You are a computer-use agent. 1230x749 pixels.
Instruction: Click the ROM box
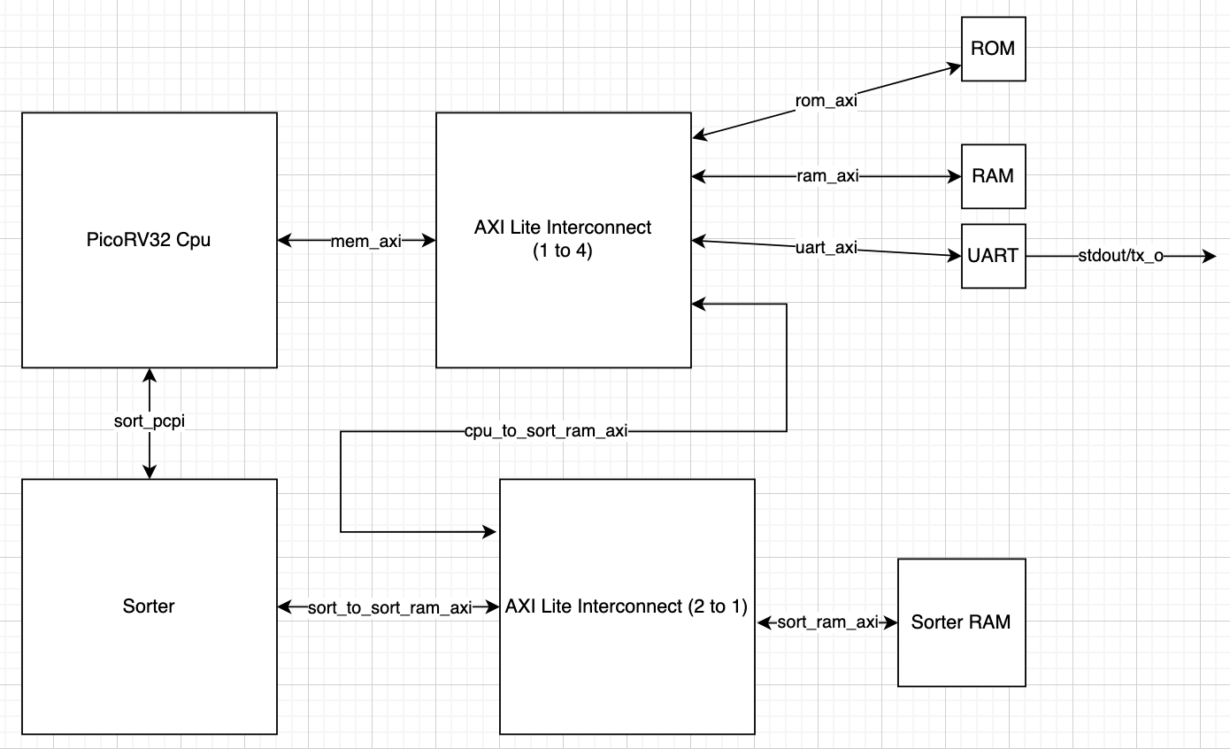point(993,49)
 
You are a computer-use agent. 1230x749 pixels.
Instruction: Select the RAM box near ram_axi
point(993,176)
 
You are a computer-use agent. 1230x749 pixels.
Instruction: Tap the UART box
point(993,256)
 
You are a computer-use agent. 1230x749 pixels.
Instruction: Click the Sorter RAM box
point(961,622)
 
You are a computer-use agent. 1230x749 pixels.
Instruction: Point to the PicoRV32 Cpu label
point(149,239)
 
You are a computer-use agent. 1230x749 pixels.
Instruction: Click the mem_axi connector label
point(365,240)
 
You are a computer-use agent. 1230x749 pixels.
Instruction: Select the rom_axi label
point(826,101)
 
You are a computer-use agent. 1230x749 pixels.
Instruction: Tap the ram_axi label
point(826,176)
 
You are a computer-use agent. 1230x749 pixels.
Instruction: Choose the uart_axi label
point(826,248)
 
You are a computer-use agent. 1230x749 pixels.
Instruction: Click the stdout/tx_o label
point(1120,257)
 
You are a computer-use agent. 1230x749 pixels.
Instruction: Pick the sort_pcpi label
point(150,421)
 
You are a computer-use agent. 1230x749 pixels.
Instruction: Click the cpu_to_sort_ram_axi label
point(546,431)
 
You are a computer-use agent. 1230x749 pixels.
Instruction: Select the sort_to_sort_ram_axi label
point(389,607)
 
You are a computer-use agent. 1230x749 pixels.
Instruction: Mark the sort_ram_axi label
point(827,622)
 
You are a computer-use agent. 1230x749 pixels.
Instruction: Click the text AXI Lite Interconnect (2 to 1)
point(627,606)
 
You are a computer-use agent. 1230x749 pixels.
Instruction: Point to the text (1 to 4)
point(563,251)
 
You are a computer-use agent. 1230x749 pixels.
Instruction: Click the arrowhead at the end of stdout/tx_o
point(1211,257)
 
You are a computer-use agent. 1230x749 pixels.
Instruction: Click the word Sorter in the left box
point(149,606)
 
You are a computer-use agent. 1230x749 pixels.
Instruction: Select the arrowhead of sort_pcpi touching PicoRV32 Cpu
point(150,375)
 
